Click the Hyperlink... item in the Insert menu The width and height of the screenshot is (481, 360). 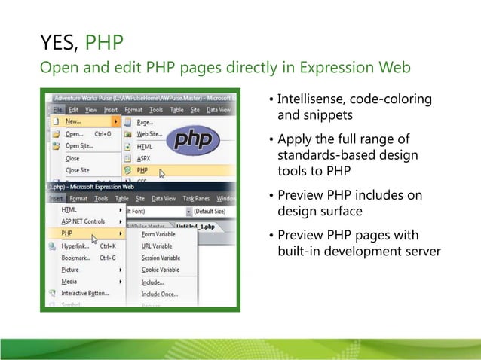pyautogui.click(x=78, y=246)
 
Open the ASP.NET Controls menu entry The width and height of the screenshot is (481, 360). pyautogui.click(x=83, y=221)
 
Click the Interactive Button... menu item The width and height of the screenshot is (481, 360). pyautogui.click(x=85, y=293)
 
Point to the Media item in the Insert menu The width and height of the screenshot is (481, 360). pyautogui.click(x=69, y=281)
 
